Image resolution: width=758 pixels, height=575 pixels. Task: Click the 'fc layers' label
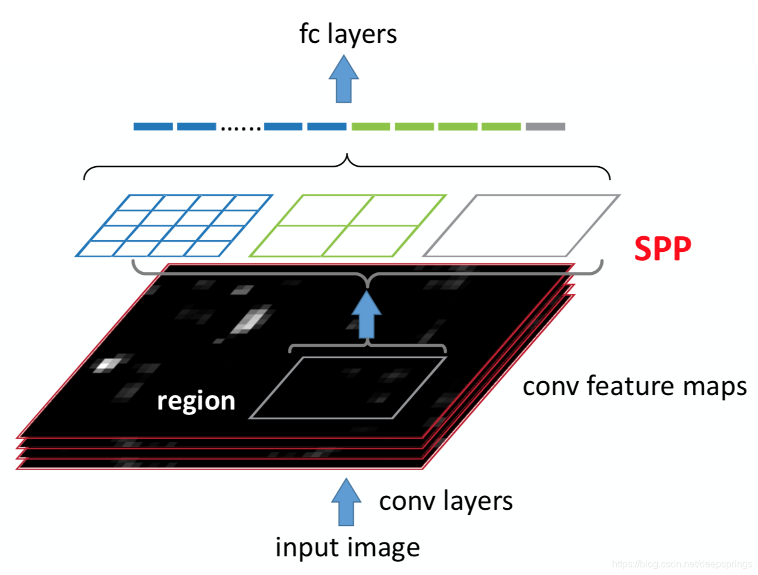pos(348,34)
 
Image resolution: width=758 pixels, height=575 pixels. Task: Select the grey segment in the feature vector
pos(545,127)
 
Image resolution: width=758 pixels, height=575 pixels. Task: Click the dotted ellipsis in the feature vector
pos(241,128)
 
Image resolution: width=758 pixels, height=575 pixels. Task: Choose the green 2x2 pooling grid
pos(348,225)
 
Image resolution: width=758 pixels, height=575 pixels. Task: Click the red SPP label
pos(663,249)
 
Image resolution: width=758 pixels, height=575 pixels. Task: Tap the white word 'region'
pos(196,401)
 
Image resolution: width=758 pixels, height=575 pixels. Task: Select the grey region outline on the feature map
pos(348,388)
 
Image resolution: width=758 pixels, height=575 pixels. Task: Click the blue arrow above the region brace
pos(367,316)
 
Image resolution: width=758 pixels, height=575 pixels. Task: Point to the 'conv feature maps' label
pos(635,387)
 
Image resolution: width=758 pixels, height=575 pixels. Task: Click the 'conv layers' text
pos(446,501)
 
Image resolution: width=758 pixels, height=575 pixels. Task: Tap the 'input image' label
pos(347,547)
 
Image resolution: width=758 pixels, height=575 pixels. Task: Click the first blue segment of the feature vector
pos(153,127)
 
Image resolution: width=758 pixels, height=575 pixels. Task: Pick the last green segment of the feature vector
pos(501,127)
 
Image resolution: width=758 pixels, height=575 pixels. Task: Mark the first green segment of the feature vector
pos(371,127)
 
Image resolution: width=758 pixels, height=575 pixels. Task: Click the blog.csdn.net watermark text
pos(683,564)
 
